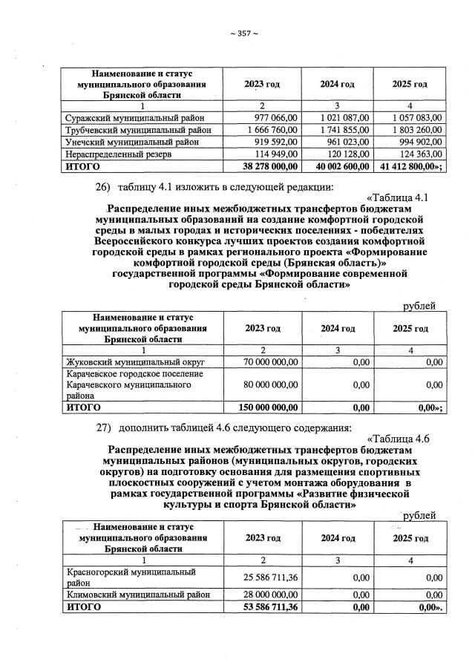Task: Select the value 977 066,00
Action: pos(276,117)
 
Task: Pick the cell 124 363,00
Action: pos(419,154)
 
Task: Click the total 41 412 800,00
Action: pos(413,167)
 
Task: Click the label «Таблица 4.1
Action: pos(398,197)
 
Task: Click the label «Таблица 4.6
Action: pos(398,438)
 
